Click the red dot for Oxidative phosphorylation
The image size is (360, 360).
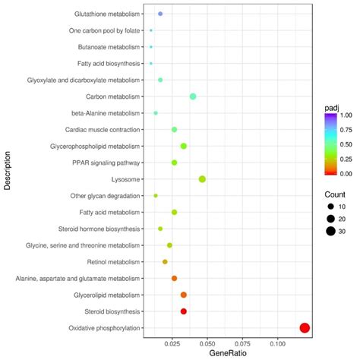pyautogui.click(x=305, y=328)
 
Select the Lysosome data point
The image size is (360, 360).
pyautogui.click(x=202, y=179)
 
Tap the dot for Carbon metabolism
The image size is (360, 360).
pyautogui.click(x=193, y=96)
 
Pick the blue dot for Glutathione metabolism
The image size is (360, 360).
pyautogui.click(x=160, y=14)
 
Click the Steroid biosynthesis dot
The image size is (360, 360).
pyautogui.click(x=184, y=311)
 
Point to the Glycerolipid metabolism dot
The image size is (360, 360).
pyautogui.click(x=184, y=295)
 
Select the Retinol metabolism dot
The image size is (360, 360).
pyautogui.click(x=165, y=262)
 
